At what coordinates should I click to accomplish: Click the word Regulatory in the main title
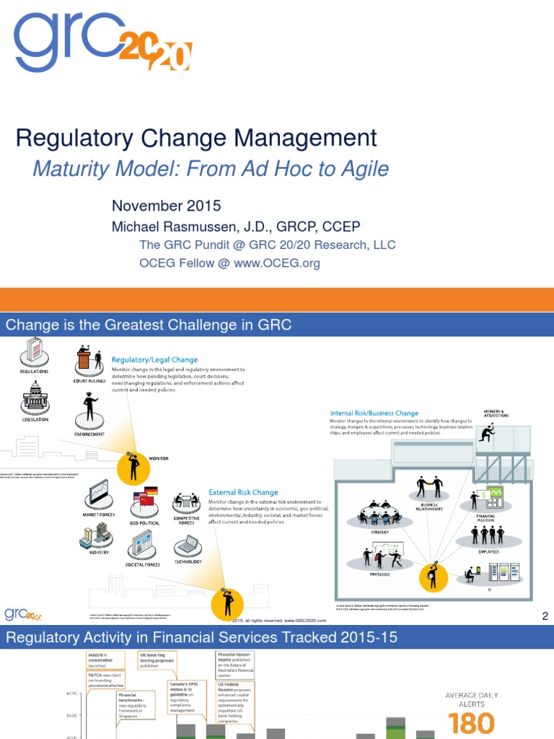point(68,139)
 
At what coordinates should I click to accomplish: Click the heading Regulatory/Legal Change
point(154,359)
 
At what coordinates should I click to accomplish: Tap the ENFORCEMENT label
point(90,434)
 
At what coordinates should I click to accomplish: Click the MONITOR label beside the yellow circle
point(158,458)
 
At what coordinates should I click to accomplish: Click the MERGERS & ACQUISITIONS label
point(496,414)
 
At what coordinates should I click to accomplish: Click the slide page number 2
point(545,616)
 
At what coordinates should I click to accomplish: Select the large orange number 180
point(471,722)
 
